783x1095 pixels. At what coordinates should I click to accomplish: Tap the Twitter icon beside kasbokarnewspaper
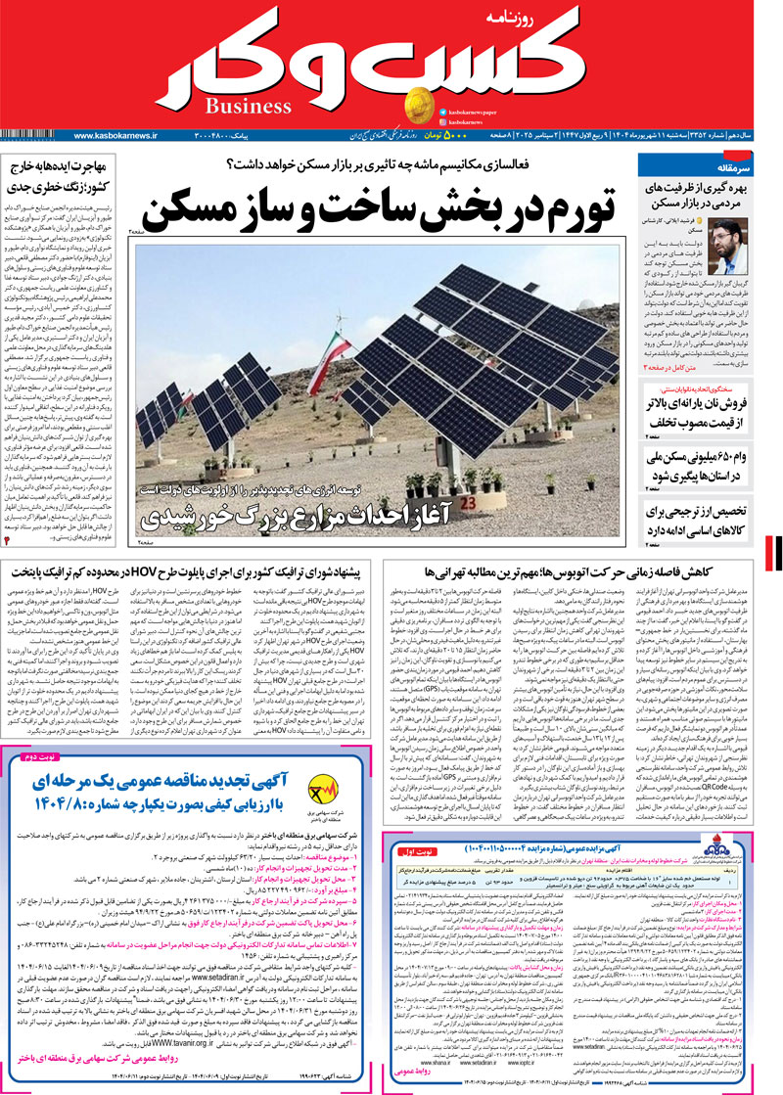click(x=444, y=113)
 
